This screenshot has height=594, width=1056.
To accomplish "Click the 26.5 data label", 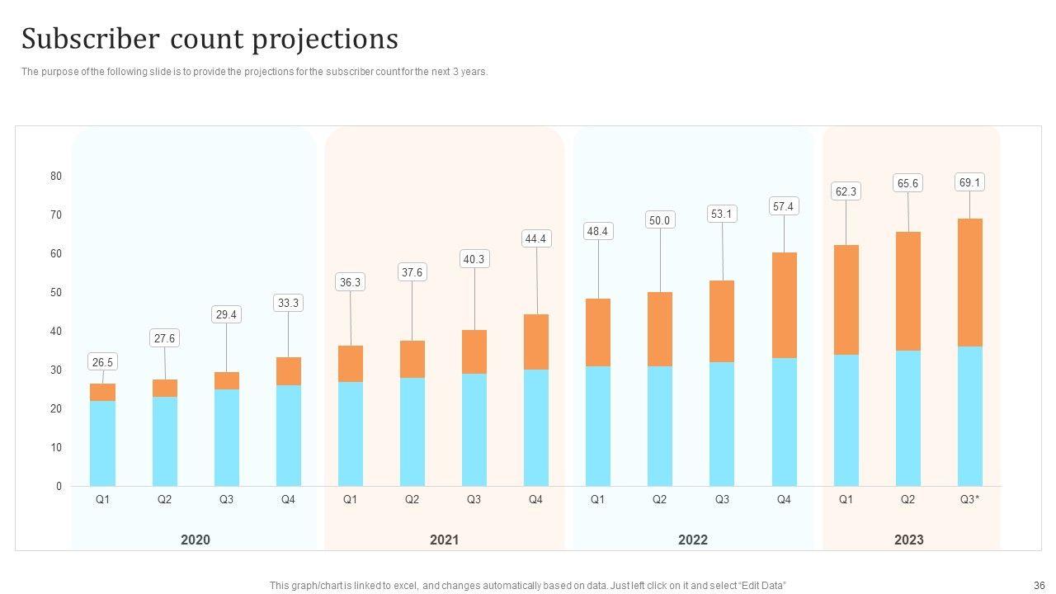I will (x=103, y=362).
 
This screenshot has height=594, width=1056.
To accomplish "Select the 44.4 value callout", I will (x=535, y=239).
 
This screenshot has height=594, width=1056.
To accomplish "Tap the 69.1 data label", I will (x=969, y=182).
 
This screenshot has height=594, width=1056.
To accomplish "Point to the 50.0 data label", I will (x=660, y=220).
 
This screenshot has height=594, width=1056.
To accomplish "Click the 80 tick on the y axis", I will (x=56, y=177).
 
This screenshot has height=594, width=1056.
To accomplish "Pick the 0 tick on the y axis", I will (x=59, y=487).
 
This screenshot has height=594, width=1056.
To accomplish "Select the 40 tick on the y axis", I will (x=56, y=332).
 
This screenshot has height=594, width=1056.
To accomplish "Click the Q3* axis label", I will (x=969, y=500).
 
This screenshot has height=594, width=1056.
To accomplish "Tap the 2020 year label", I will (x=196, y=540).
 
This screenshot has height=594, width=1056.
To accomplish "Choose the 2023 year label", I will (x=908, y=540).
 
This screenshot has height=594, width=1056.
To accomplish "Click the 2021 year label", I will (x=444, y=540).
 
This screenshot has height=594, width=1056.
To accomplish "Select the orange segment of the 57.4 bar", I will (x=784, y=305).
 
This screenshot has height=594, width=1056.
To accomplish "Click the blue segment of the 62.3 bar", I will (x=846, y=421).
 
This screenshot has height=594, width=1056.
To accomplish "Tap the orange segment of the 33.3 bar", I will (x=288, y=371).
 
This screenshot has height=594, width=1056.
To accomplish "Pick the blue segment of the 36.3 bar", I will (x=350, y=434).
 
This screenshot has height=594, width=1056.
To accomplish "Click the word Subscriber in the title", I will (x=90, y=40).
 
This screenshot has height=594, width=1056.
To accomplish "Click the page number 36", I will (x=1039, y=586).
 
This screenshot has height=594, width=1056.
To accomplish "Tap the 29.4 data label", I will (x=226, y=314).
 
